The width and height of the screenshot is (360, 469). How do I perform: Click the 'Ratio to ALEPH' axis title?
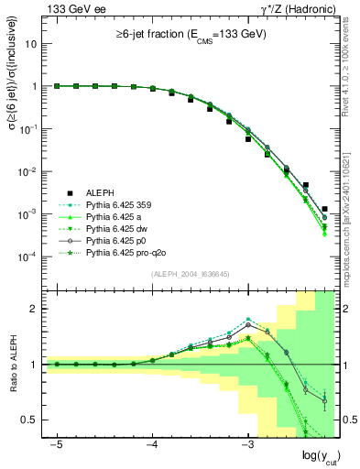[x=12, y=365]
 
